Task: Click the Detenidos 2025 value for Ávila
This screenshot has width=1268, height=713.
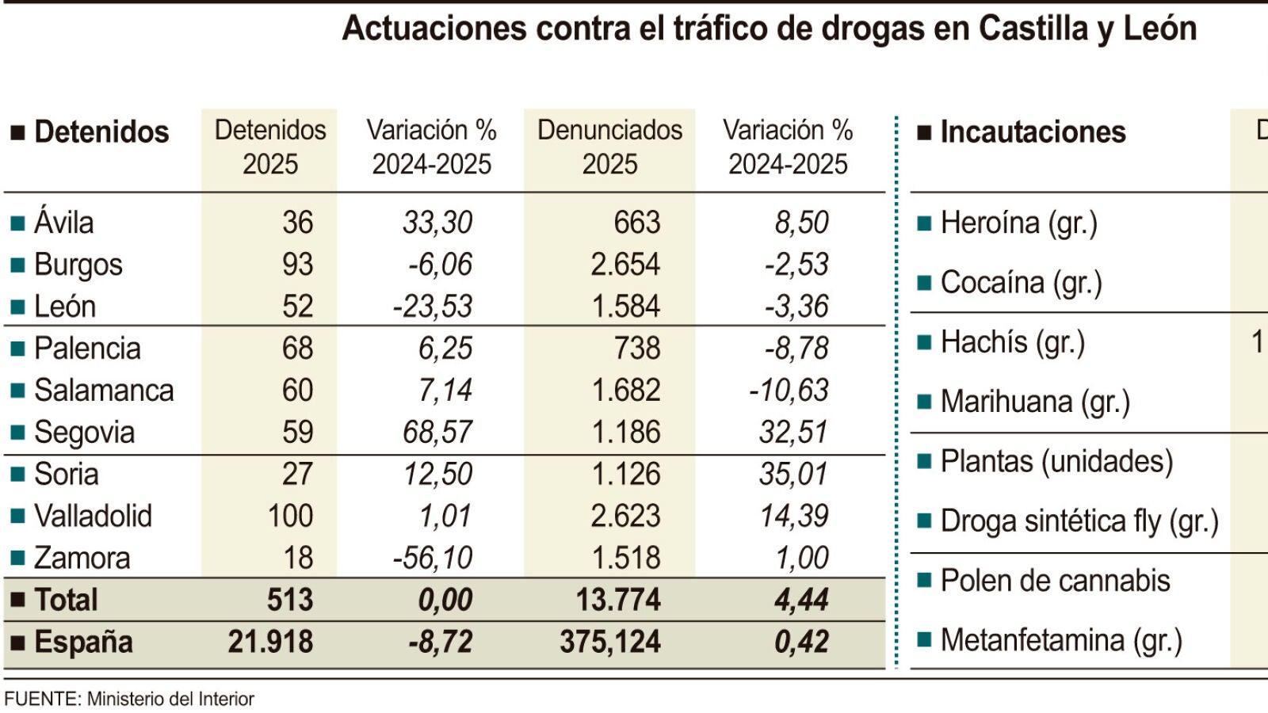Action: pos(298,222)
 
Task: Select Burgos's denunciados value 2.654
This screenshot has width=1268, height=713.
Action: pos(625,265)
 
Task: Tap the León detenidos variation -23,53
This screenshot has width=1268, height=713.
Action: pos(433,306)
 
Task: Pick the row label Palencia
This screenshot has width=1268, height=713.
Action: pos(87,348)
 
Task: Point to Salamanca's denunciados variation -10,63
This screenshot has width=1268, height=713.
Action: pos(789,390)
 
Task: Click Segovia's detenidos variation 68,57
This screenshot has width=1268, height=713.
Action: pos(437,432)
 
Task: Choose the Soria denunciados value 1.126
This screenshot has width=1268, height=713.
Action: pos(625,474)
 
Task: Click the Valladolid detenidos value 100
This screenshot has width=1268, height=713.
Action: pos(290,516)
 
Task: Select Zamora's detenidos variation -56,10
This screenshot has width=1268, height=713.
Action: pos(433,558)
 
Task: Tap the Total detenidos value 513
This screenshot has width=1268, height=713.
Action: pos(290,599)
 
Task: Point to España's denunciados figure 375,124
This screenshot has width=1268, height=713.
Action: pos(609,642)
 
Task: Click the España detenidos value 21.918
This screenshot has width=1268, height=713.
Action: pos(270,642)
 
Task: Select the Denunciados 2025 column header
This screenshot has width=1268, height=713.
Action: pos(609,147)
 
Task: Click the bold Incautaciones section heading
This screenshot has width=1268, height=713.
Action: pos(1033,132)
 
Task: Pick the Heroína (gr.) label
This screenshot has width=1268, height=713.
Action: pos(1019,223)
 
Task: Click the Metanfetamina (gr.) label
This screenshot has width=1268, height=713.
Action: pos(1061,641)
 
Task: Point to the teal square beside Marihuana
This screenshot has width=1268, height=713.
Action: pos(924,402)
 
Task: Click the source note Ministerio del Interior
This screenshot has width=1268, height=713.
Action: pos(170,699)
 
